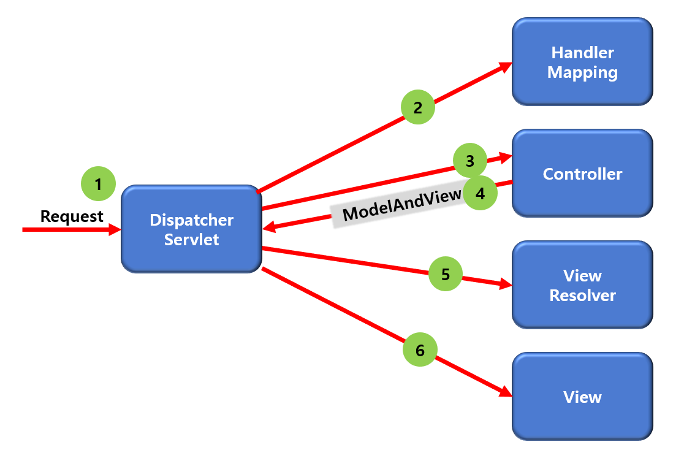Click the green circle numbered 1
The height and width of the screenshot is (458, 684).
[98, 183]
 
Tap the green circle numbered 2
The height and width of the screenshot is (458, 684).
[418, 108]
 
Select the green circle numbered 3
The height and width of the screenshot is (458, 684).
[470, 162]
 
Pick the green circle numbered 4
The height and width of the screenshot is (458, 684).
[480, 194]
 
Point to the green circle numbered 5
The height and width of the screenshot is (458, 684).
[446, 274]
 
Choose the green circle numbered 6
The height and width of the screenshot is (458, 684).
[420, 350]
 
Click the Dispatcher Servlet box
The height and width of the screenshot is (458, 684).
[191, 229]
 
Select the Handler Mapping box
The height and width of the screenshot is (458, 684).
[582, 62]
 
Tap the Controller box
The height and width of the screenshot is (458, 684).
[582, 174]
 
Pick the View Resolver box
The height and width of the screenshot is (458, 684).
[582, 285]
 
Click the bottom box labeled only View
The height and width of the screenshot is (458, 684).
[582, 397]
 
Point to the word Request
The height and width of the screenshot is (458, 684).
[72, 216]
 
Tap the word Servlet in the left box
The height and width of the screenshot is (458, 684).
[191, 239]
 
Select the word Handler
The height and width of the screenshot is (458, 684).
[582, 52]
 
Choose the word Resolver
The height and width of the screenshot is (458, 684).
[582, 296]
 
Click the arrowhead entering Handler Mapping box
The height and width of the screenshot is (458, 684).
[506, 65]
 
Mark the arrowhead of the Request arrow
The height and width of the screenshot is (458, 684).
[115, 229]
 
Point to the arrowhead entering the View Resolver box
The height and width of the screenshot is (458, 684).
[506, 284]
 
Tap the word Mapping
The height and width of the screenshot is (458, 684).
[582, 72]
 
